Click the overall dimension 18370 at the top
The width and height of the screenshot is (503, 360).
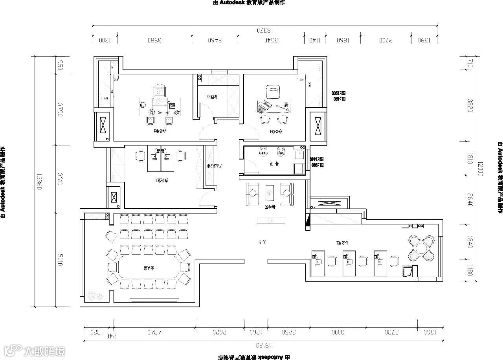tap(265, 30)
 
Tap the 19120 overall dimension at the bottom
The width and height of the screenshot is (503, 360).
tap(263, 345)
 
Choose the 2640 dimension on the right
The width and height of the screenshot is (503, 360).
tap(470, 200)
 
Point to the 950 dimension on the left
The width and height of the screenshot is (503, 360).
tap(60, 66)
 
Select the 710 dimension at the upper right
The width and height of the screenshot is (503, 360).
tap(470, 63)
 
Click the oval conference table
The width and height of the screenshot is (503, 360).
tap(147, 268)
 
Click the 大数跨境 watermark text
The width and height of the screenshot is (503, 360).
tap(44, 351)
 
